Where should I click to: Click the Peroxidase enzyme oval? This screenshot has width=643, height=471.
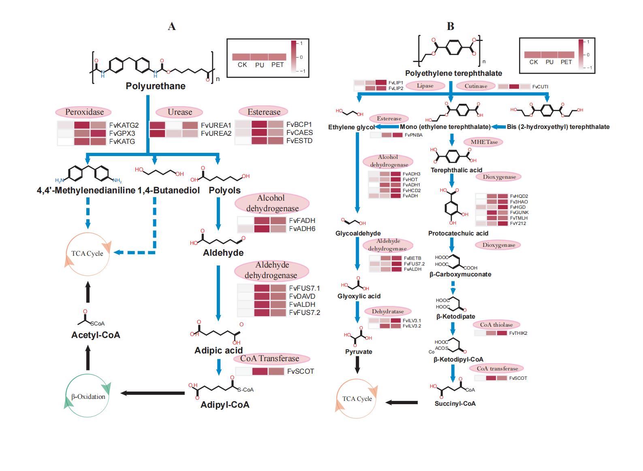[84, 112]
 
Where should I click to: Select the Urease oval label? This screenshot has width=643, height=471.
[180, 112]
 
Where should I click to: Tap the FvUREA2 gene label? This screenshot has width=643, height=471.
[216, 133]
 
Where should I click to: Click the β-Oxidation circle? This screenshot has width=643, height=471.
[88, 396]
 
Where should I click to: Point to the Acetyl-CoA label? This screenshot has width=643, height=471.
[96, 335]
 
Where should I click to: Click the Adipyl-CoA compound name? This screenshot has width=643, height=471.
[225, 405]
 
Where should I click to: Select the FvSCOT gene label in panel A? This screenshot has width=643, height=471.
[301, 371]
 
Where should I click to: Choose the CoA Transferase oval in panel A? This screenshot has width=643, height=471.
[269, 359]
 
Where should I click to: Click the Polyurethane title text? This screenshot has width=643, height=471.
[156, 86]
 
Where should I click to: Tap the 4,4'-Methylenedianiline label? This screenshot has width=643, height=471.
[86, 191]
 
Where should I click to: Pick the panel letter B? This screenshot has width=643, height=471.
[450, 26]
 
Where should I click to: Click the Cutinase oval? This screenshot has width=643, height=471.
[476, 86]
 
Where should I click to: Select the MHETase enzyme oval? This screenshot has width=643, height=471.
[484, 142]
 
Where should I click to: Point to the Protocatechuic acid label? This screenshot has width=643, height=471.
[458, 233]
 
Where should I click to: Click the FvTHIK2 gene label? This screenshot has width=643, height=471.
[518, 333]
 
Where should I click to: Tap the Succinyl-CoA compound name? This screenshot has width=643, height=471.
[455, 404]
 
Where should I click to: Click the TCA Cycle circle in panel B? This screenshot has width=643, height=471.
[357, 399]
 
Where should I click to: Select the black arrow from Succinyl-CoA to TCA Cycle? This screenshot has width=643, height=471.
[402, 402]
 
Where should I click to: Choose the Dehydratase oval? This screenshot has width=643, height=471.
[388, 312]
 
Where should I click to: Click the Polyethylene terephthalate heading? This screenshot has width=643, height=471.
[453, 73]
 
